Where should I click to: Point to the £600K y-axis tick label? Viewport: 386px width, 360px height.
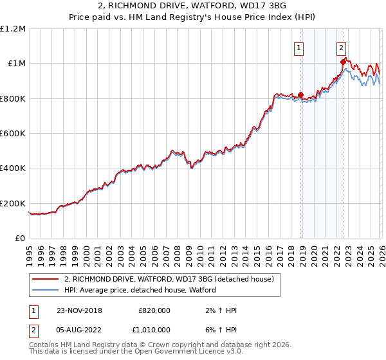pyautogui.click(x=13, y=134)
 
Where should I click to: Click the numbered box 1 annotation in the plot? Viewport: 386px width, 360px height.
pyautogui.click(x=300, y=46)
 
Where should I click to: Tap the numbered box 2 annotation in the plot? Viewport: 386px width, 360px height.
pyautogui.click(x=341, y=46)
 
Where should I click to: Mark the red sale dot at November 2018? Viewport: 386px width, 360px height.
pyautogui.click(x=300, y=95)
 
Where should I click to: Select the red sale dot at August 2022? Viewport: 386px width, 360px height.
pyautogui.click(x=343, y=62)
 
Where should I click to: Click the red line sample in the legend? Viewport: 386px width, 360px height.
pyautogui.click(x=47, y=279)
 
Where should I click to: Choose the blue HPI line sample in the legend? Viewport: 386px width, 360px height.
pyautogui.click(x=47, y=290)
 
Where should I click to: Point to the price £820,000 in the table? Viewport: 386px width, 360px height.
pyautogui.click(x=154, y=310)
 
